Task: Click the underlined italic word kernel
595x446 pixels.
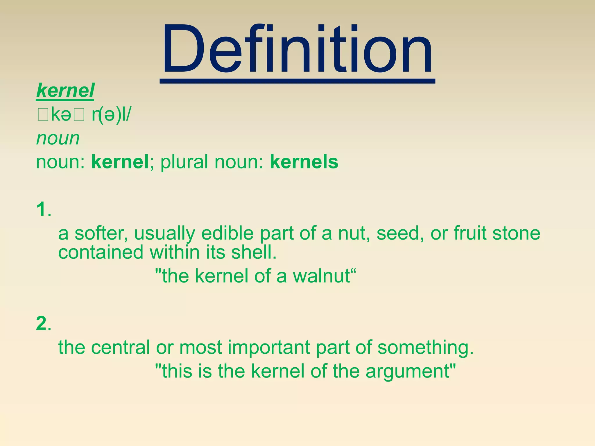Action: click(x=65, y=91)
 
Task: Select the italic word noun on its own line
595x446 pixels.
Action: click(x=58, y=138)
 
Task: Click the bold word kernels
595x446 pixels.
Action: click(x=304, y=162)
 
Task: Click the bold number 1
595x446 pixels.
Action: click(x=41, y=209)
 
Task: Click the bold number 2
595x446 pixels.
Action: click(x=41, y=323)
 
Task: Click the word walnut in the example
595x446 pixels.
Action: click(x=321, y=276)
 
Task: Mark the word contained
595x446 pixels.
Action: click(x=101, y=252)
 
